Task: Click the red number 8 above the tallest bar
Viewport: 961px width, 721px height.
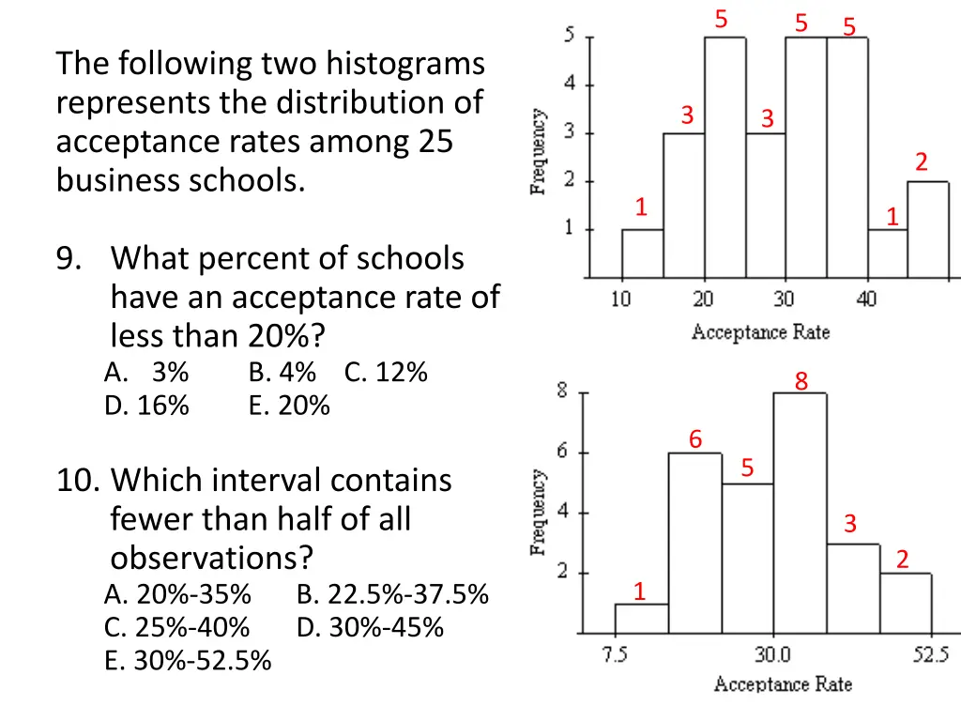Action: point(801,381)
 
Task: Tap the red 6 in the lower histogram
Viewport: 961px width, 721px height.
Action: point(695,439)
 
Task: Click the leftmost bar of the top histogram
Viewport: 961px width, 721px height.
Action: point(642,253)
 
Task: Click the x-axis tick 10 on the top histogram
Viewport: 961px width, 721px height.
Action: point(621,300)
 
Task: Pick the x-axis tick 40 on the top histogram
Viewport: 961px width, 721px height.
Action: point(866,300)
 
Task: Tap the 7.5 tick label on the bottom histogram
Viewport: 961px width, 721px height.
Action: point(616,654)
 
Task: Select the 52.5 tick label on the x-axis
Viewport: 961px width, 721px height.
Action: point(932,654)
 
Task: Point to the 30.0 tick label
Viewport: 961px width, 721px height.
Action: point(773,654)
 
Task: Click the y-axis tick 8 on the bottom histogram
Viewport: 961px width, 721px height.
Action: point(561,391)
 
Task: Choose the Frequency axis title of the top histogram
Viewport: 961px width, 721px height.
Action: point(539,151)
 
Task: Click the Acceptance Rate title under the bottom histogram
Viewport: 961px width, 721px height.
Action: point(783,684)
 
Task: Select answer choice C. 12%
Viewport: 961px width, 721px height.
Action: point(386,373)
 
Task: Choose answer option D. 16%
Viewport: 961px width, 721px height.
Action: point(146,406)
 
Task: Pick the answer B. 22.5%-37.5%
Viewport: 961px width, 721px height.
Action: point(392,594)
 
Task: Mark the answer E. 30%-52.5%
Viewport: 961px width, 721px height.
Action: point(188,661)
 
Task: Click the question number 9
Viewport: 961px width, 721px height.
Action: point(68,258)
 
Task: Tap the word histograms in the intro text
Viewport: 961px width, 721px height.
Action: point(405,64)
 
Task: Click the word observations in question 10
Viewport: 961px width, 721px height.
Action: point(211,559)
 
